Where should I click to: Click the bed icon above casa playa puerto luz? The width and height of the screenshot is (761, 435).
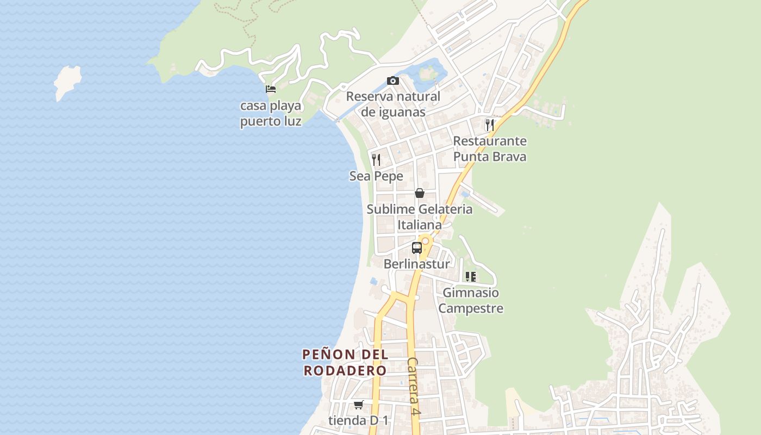[x=270, y=89]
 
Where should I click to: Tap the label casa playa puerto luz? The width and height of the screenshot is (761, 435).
[x=271, y=113]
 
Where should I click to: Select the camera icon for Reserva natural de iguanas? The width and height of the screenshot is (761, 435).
[x=393, y=81]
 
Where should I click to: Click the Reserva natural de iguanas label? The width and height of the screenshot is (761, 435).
[x=393, y=104]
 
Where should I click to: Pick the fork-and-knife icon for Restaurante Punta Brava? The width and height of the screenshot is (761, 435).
[x=490, y=125]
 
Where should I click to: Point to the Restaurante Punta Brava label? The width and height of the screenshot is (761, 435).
[x=490, y=149]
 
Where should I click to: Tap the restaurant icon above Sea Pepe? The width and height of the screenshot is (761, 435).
[x=376, y=159]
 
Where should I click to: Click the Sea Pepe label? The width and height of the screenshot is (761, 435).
[x=376, y=176]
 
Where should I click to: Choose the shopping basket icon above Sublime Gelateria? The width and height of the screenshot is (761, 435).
[x=420, y=192]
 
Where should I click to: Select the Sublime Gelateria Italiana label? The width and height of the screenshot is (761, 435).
[x=420, y=217]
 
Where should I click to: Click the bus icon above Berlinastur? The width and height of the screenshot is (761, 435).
[x=417, y=248]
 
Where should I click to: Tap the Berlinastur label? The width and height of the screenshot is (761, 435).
[x=417, y=264]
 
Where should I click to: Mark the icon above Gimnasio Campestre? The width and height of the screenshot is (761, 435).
[x=471, y=276]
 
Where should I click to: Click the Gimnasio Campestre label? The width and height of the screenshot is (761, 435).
[x=471, y=301]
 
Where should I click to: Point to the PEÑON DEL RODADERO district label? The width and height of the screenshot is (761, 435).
[x=345, y=363]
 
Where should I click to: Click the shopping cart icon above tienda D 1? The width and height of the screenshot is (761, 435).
[x=358, y=405]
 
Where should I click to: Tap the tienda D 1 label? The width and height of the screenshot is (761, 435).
[x=359, y=420]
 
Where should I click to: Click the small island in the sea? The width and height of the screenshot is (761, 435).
[x=67, y=82]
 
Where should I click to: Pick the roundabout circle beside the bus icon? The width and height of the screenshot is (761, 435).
[x=426, y=240]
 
